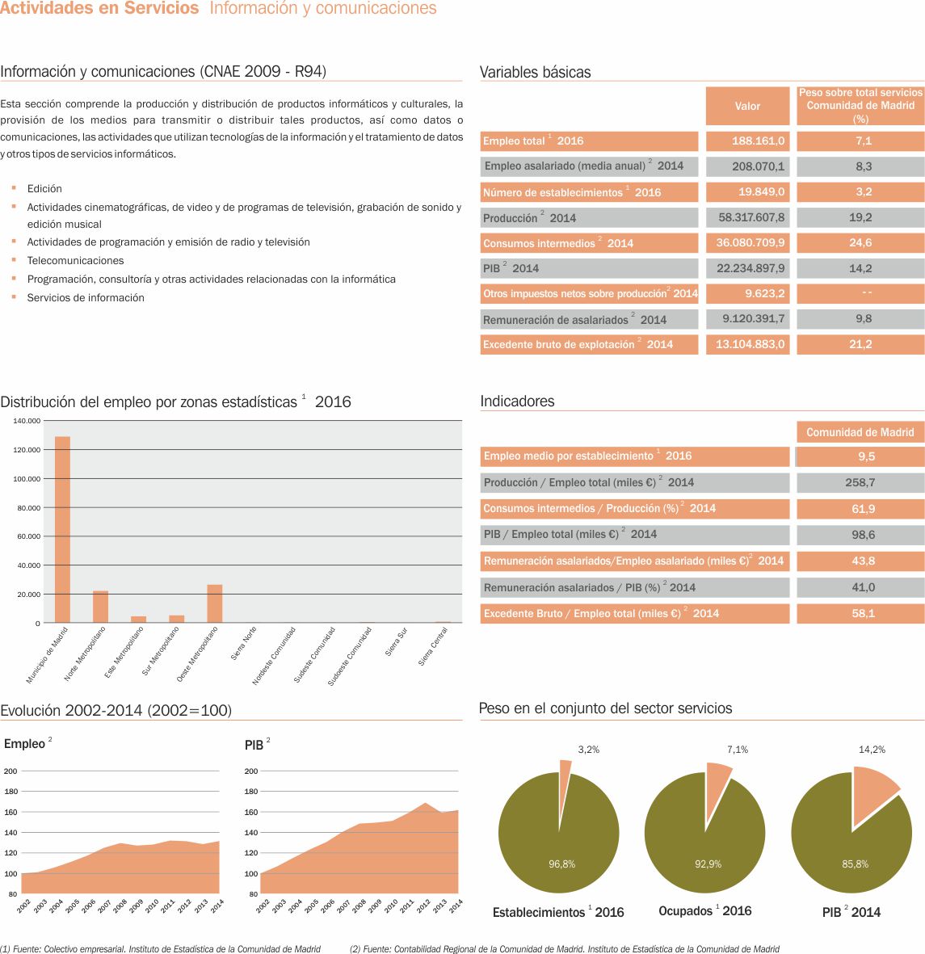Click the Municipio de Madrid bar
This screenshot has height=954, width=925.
click(x=62, y=529)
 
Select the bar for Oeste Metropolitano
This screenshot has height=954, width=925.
click(x=215, y=603)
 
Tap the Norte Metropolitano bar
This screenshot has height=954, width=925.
click(x=100, y=607)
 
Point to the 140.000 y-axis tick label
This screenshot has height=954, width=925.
click(x=27, y=421)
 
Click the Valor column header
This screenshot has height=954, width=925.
click(x=747, y=106)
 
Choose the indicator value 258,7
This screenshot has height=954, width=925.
click(x=860, y=482)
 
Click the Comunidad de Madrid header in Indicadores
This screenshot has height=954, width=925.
click(x=860, y=432)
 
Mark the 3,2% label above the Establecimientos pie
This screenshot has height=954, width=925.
click(x=589, y=750)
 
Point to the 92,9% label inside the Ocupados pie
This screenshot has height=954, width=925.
click(x=708, y=864)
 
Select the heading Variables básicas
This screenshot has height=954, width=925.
click(x=535, y=72)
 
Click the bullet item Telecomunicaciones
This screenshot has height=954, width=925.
click(x=75, y=261)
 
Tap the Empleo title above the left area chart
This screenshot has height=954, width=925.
click(x=24, y=744)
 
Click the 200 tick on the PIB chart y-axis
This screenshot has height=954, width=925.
click(x=251, y=771)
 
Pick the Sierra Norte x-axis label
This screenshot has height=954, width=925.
click(x=244, y=642)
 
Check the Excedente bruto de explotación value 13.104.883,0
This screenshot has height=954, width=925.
click(x=750, y=345)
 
